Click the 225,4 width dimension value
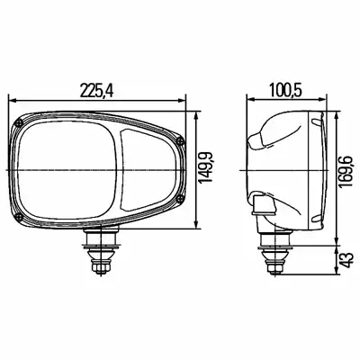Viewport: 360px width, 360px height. pos(96,90)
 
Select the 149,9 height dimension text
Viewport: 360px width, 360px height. pos(206,167)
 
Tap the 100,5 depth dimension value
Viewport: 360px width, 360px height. pos(285,90)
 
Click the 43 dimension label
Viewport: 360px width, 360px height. pos(346,260)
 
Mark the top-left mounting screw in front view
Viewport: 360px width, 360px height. pos(20,122)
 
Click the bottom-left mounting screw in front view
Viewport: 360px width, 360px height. pos(18,217)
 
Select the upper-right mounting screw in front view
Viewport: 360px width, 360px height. pos(180,139)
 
